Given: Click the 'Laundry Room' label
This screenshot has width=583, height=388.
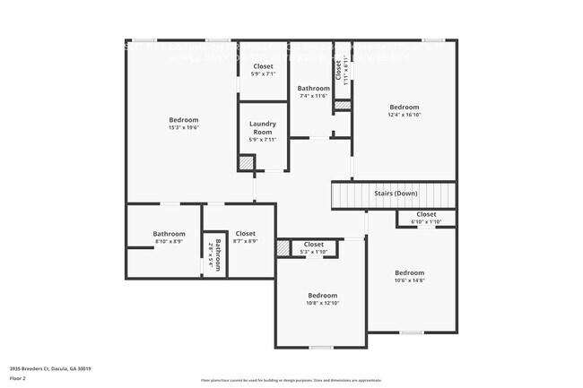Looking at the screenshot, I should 263,127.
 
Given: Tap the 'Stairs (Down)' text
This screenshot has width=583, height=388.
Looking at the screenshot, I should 395,194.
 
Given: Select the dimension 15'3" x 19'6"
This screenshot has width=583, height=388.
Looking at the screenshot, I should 184,127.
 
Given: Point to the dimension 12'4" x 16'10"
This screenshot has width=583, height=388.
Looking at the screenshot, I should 404,115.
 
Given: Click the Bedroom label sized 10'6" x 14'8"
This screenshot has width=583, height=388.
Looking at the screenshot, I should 409,272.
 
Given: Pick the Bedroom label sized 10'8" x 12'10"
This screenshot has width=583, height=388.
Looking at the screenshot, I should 322,295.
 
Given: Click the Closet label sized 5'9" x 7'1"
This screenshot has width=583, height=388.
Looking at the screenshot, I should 263,66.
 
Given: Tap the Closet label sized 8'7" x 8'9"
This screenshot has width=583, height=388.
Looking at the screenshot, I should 245,233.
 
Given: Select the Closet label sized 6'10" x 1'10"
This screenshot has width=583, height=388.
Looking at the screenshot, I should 426,214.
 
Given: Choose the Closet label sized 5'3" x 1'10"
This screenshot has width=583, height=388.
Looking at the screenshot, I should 313,244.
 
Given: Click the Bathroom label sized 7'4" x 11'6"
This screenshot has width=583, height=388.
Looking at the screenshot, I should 314,88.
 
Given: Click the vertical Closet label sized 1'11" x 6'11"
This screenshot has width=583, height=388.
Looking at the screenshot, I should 339,70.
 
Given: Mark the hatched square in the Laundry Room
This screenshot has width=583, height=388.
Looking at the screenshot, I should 245,163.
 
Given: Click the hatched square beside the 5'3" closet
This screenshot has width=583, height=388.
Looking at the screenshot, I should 283,248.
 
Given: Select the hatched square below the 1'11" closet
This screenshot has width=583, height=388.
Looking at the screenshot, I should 341,106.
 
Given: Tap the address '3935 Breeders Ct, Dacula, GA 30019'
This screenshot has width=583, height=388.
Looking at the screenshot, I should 50,368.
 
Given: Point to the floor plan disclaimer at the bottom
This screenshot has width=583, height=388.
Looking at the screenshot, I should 291,380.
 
